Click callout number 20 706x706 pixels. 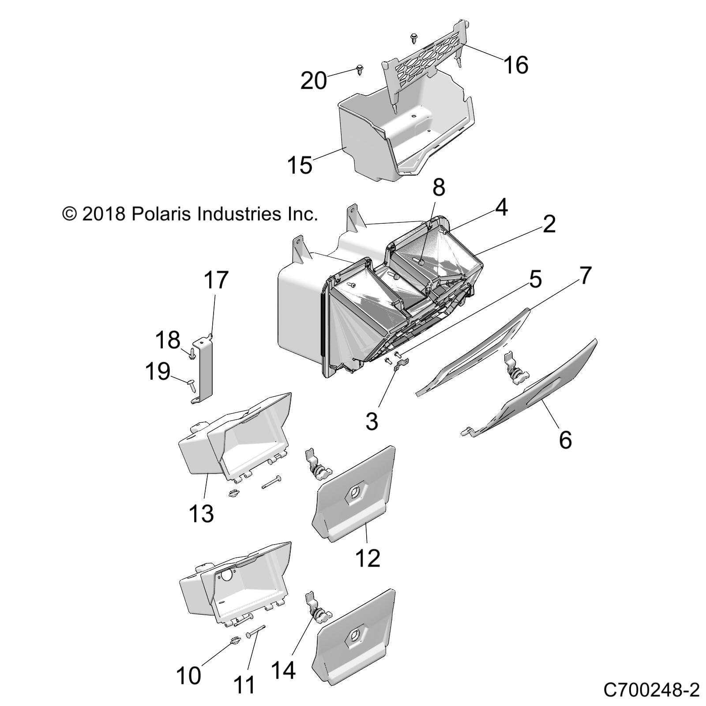point(313,81)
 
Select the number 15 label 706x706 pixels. point(300,165)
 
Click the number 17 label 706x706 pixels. point(216,280)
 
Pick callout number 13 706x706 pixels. point(201,513)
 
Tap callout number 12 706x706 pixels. point(368,558)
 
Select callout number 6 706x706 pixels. point(565,440)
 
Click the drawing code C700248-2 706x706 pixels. point(651,689)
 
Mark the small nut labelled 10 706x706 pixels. point(234,653)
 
